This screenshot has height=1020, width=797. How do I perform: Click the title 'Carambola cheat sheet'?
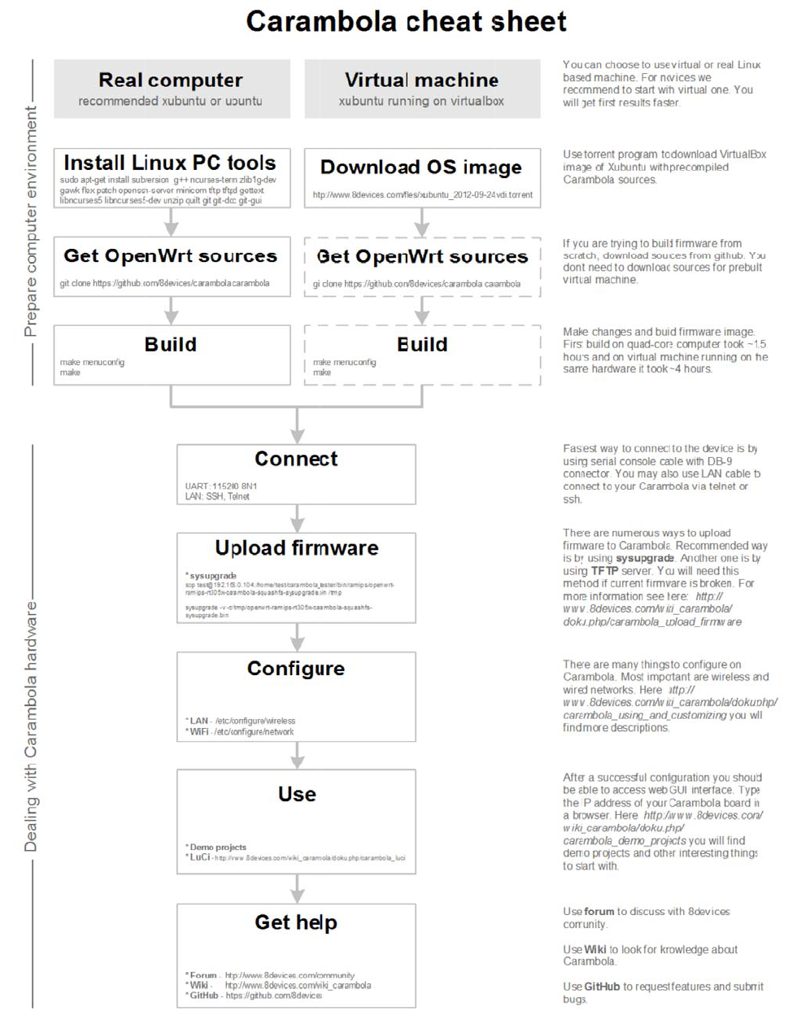click(406, 22)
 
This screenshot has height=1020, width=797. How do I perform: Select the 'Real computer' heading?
click(171, 80)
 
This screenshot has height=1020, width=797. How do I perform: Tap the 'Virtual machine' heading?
click(421, 80)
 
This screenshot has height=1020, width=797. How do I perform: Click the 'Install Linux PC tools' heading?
click(170, 163)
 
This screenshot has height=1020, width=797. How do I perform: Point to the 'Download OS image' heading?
click(421, 167)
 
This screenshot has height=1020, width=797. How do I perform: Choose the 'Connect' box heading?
click(296, 459)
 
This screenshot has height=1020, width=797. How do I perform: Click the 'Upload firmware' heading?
click(296, 547)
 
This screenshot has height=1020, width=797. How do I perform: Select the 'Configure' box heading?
click(296, 669)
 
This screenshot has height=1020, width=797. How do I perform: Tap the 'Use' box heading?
click(297, 794)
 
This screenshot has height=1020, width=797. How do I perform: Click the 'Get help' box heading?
click(296, 922)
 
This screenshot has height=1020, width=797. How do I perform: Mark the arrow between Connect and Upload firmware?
click(298, 517)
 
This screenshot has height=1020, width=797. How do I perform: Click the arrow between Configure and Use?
click(298, 755)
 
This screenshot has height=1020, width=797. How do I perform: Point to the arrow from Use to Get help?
click(298, 887)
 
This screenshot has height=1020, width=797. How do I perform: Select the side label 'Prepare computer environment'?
click(31, 221)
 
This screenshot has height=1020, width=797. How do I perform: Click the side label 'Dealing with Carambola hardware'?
click(31, 726)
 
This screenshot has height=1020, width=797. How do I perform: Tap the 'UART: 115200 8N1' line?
click(220, 486)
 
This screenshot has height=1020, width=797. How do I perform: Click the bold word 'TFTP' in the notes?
click(604, 571)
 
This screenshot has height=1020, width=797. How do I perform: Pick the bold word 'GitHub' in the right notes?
click(602, 987)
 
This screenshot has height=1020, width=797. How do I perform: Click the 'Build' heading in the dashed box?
click(422, 345)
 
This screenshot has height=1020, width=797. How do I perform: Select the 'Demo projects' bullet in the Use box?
click(217, 847)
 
